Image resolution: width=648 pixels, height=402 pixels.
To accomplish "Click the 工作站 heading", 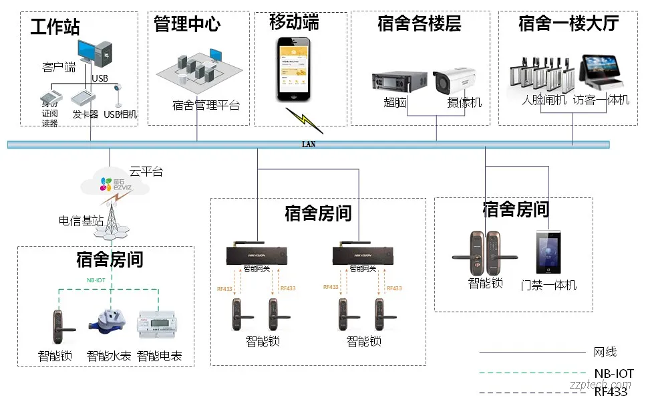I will click(x=55, y=27).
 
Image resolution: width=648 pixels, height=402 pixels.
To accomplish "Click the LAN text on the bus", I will click(x=308, y=144).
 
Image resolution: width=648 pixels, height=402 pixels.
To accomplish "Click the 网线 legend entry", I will click(x=605, y=352).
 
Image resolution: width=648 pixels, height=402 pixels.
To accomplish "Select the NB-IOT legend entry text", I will click(x=613, y=373).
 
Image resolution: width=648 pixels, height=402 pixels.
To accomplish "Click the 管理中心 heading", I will click(x=187, y=25).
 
